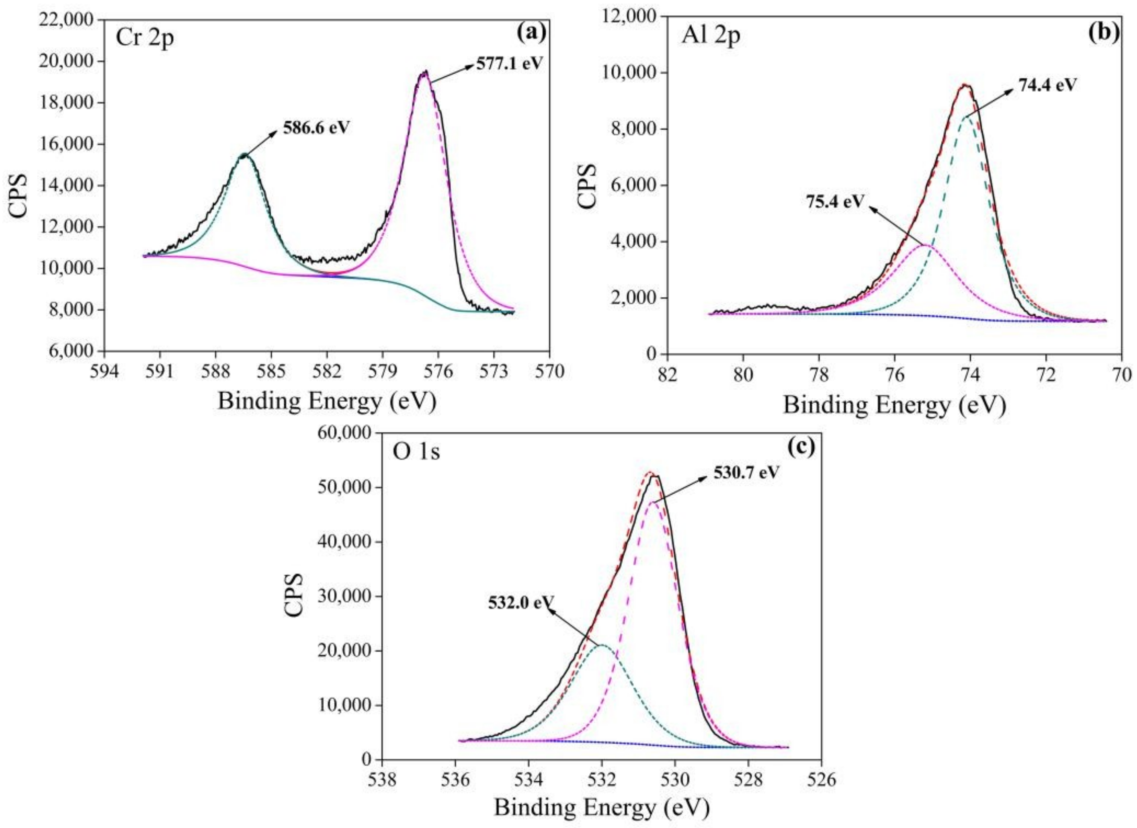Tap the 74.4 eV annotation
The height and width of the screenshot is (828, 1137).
click(1047, 85)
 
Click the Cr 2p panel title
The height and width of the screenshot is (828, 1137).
click(145, 39)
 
